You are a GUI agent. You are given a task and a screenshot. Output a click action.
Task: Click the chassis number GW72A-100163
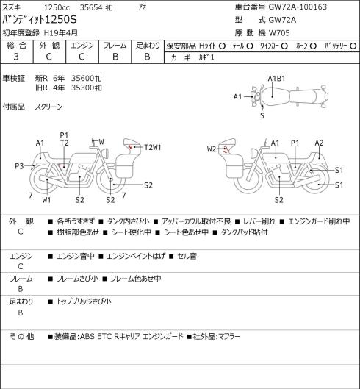298,7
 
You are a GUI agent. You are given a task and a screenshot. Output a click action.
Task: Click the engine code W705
279,33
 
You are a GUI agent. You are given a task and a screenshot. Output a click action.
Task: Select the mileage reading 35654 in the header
91,7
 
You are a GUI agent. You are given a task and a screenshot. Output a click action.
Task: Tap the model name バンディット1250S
40,20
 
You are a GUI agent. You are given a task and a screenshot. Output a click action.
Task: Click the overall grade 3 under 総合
16,57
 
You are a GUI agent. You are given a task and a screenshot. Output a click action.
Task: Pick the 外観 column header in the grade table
49,46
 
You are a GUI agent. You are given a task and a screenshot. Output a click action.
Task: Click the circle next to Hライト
222,46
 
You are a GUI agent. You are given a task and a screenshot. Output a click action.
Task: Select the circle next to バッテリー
353,46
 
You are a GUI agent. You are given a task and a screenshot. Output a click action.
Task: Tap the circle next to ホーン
313,46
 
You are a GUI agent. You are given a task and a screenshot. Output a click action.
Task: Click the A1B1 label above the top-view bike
276,79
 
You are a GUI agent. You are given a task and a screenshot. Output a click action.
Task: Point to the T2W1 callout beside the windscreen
153,148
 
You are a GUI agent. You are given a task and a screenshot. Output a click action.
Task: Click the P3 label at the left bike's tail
19,166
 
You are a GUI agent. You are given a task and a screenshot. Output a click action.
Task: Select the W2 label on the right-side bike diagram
212,149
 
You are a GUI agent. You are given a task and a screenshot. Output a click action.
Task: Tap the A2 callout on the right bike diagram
319,143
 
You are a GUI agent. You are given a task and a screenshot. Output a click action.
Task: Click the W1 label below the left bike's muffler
46,200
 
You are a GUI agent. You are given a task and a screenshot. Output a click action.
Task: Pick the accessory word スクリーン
48,107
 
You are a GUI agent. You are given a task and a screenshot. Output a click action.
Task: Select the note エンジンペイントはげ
136,256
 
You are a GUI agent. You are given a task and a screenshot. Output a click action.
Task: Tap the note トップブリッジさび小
84,301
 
